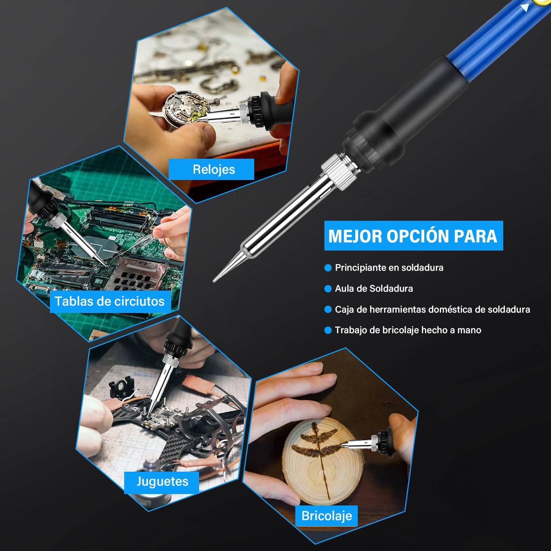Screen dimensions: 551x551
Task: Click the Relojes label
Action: click(x=213, y=169)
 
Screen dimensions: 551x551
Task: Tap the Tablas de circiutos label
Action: click(x=109, y=301)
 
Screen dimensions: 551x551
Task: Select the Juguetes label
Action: click(x=162, y=482)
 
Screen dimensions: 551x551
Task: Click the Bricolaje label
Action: click(x=327, y=516)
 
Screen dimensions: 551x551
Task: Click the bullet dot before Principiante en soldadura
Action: click(x=328, y=268)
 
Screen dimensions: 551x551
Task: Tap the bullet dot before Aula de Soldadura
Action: click(x=328, y=289)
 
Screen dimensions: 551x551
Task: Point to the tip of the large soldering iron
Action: click(x=214, y=281)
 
